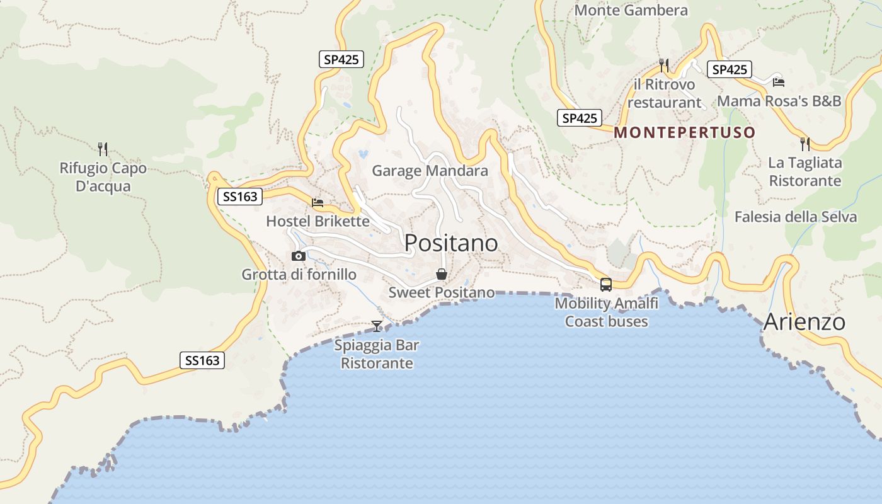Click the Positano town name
click(451, 243)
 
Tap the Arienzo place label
click(804, 322)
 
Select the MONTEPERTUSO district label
click(684, 132)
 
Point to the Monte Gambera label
click(631, 10)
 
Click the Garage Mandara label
click(430, 171)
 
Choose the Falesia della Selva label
click(795, 217)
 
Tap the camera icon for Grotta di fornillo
click(299, 256)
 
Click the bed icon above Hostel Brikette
click(318, 202)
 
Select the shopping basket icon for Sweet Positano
click(442, 274)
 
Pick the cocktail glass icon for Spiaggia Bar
click(377, 326)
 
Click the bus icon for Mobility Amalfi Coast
click(606, 284)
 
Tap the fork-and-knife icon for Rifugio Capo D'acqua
click(103, 149)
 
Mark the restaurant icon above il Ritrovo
click(663, 65)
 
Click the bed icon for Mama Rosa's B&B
click(779, 82)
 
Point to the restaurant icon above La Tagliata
click(805, 144)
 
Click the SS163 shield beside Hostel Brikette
click(240, 197)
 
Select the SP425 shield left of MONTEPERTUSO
click(579, 118)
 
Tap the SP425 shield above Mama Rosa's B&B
click(730, 69)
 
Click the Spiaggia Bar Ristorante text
click(377, 354)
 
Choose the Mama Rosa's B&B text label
click(779, 101)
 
